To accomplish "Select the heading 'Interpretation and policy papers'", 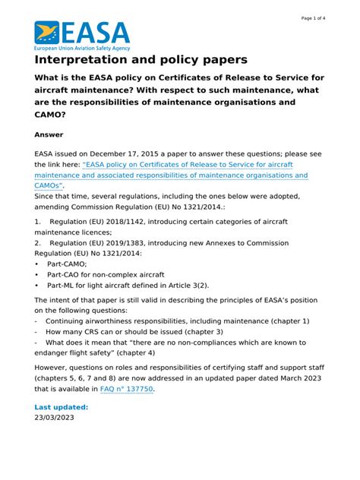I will click(141, 60).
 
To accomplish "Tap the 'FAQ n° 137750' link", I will click(127, 389).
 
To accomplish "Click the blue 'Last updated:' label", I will click(62, 407).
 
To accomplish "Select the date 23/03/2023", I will click(55, 418).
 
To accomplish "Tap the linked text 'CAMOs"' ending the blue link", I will click(49, 185).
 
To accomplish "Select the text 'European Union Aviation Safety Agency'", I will click(82, 46).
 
